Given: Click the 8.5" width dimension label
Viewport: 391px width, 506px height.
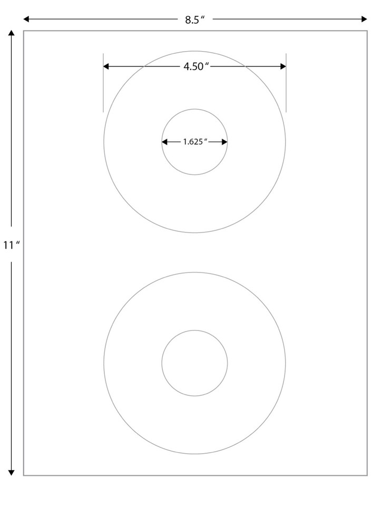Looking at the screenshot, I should tap(194, 20).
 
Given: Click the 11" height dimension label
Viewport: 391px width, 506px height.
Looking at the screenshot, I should tap(11, 246).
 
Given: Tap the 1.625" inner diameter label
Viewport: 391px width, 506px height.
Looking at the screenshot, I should tap(194, 142).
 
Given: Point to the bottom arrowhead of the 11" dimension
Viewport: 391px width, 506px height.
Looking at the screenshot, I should tap(11, 472).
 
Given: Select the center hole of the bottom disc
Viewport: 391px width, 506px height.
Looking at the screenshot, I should tap(194, 363).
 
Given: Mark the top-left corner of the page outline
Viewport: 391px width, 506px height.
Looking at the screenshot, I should tap(24, 31).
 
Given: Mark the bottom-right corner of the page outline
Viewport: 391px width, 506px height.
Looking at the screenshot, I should tap(367, 475).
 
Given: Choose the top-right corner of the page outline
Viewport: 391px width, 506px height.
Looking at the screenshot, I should tap(367, 31).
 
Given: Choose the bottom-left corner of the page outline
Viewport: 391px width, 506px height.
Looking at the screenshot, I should tap(24, 475).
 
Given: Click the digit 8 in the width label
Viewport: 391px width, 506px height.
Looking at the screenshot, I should tap(187, 20).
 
